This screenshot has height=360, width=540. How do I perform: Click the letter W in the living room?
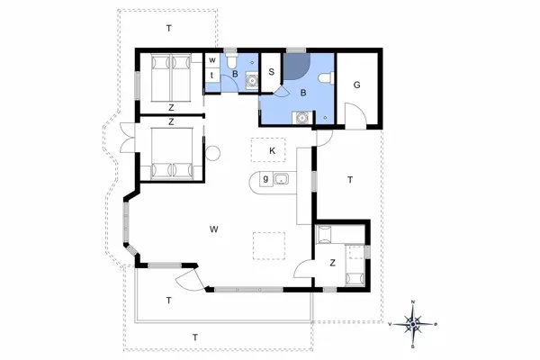coord(214,229)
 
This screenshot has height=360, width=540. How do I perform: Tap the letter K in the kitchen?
coord(270,150)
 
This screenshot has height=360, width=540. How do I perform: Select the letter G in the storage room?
coord(357,85)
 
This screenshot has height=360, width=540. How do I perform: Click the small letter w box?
coord(211,60)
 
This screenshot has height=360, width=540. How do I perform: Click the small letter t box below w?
coord(211,75)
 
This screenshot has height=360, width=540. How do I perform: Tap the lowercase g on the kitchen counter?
coord(265,179)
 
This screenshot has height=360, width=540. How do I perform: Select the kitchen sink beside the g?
coord(282,179)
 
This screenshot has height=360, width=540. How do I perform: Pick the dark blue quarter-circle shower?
coord(296,68)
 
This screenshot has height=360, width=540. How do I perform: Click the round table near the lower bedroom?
coord(213,153)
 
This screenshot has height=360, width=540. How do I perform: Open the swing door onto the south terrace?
coord(189,278)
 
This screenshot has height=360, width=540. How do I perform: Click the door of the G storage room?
coord(354,115)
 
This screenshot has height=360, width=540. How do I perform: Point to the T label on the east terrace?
coord(348,180)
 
